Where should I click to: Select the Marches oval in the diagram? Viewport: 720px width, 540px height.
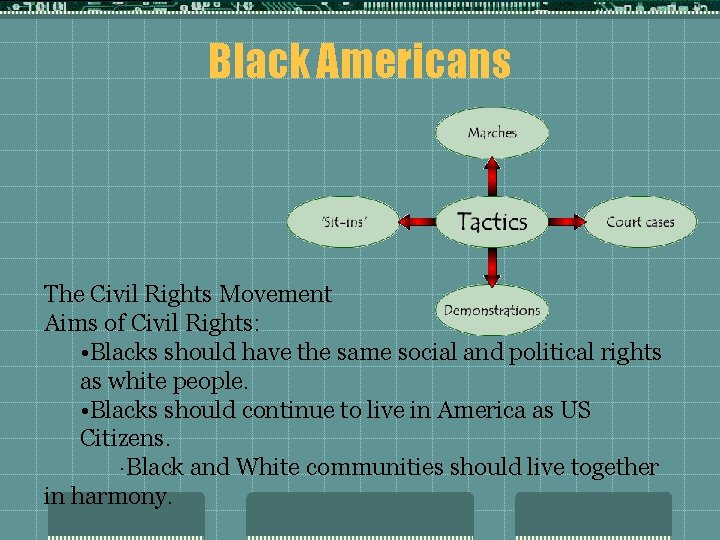pos(492,133)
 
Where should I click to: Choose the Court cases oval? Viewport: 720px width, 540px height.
pos(640,222)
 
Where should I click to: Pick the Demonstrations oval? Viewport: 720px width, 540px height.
pos(491,310)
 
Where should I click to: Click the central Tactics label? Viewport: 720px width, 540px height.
pos(492,221)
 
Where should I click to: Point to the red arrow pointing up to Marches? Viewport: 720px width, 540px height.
pos(492,176)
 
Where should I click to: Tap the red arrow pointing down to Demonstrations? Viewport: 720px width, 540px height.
pos(492,265)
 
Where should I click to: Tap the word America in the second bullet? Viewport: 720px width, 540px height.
pos(473,410)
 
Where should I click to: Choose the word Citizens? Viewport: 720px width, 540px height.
pos(125,438)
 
